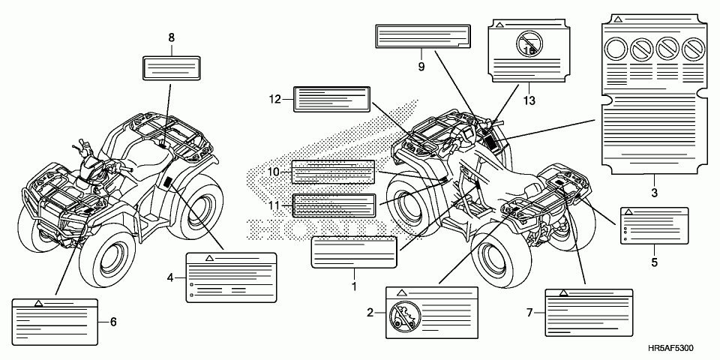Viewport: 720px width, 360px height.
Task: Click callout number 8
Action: click(x=172, y=37)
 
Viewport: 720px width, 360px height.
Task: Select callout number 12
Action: click(x=275, y=98)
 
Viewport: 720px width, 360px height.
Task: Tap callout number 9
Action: click(x=421, y=67)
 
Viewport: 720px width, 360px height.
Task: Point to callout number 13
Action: click(x=529, y=98)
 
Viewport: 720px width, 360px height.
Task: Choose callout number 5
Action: click(x=654, y=262)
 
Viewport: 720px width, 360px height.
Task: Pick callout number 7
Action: click(x=530, y=312)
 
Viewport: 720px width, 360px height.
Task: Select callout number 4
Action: click(x=171, y=277)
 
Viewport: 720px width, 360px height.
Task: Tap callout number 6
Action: click(x=113, y=322)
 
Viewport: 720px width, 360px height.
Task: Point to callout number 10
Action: click(x=274, y=172)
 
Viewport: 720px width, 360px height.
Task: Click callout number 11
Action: click(x=274, y=205)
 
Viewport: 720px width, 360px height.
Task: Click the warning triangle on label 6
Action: click(x=38, y=304)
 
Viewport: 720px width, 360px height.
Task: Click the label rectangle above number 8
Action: click(x=171, y=67)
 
